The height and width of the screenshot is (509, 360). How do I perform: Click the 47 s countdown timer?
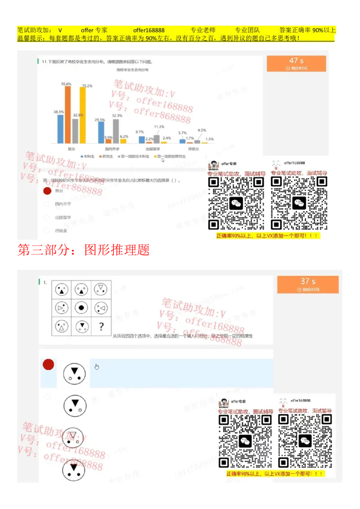pyautogui.click(x=296, y=63)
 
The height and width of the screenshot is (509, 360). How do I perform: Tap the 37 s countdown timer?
pyautogui.click(x=308, y=285)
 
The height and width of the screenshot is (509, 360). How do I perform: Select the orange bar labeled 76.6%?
pyautogui.click(x=68, y=114)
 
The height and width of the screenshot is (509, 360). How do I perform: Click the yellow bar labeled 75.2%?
pyautogui.click(x=82, y=115)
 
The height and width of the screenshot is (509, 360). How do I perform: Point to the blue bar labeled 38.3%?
pyautogui.click(x=60, y=129)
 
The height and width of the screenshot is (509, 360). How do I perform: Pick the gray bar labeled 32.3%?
pyautogui.click(x=116, y=131)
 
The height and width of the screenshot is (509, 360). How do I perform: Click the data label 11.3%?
pyautogui.click(x=159, y=127)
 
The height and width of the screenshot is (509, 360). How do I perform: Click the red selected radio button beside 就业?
pyautogui.click(x=47, y=191)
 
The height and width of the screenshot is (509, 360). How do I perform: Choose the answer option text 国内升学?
pyautogui.click(x=63, y=204)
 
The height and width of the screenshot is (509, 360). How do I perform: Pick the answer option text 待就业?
pyautogui.click(x=61, y=231)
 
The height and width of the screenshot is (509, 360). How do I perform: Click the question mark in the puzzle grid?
pyautogui.click(x=102, y=326)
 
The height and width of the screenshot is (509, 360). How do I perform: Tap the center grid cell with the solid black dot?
pyautogui.click(x=81, y=308)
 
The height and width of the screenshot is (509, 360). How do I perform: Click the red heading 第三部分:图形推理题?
pyautogui.click(x=83, y=250)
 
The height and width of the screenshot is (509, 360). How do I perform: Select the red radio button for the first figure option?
pyautogui.click(x=48, y=365)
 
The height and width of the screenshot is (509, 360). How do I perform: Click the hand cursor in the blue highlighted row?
pyautogui.click(x=97, y=366)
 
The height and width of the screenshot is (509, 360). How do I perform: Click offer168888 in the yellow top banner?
pyautogui.click(x=148, y=30)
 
